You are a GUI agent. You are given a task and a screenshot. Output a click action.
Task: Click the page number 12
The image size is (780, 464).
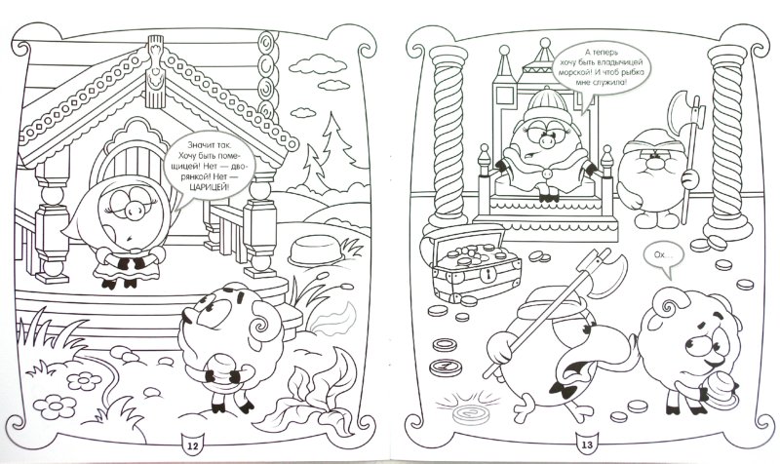point(191,445)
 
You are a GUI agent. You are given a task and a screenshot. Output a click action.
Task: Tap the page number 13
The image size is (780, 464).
point(587,445)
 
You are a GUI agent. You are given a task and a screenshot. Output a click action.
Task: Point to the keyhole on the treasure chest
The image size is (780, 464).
point(490,274)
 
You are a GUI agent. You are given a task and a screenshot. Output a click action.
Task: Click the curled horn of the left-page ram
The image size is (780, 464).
point(263,325)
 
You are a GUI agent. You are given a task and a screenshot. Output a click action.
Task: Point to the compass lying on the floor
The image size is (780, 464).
point(446,367)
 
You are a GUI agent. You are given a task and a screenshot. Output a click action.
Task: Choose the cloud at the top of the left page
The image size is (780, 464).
point(313,63)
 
